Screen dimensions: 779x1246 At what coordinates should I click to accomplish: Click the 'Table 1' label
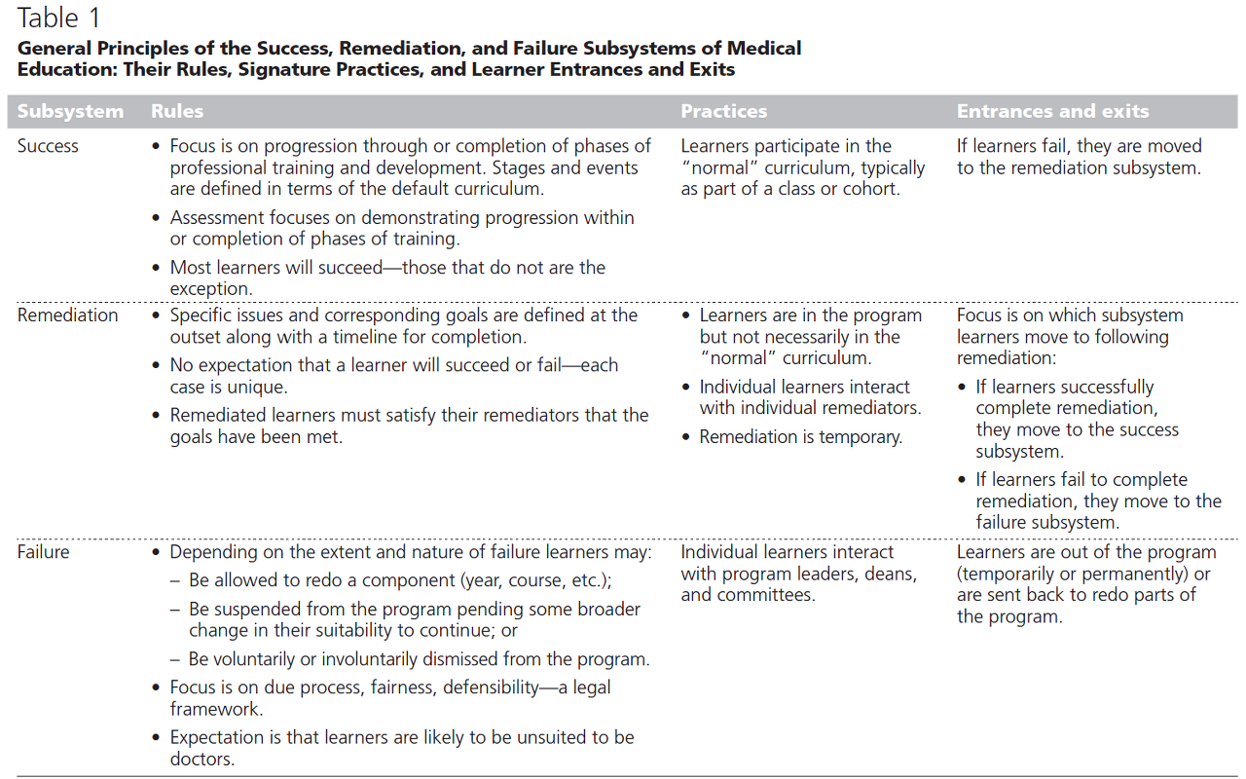tap(58, 19)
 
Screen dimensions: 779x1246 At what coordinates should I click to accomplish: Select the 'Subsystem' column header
tap(70, 111)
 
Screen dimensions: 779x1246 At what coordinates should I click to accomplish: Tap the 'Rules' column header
tap(177, 111)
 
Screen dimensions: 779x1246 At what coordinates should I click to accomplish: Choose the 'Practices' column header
tap(724, 111)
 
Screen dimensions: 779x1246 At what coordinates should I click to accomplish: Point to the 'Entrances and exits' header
tap(1052, 111)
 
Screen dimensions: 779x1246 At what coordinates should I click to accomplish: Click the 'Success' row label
tap(48, 146)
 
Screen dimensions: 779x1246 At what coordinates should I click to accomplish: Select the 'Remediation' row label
tap(67, 315)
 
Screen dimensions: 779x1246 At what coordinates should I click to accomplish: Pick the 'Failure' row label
tap(44, 552)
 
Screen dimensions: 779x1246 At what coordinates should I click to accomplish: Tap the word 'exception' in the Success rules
tap(209, 288)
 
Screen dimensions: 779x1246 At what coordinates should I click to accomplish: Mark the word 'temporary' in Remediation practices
tap(861, 437)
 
